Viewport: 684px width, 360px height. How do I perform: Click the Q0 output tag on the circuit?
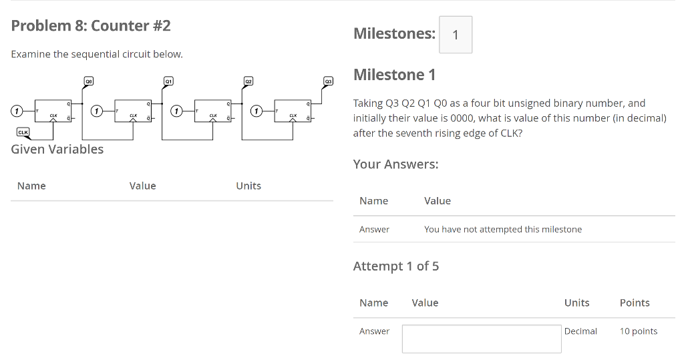point(88,81)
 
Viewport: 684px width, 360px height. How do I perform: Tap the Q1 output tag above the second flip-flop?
point(169,81)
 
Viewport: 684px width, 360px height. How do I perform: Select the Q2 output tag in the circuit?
point(248,81)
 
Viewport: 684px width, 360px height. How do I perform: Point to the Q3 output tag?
point(328,81)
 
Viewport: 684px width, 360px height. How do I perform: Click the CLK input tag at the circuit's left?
point(23,132)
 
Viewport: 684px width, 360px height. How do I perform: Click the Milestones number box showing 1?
point(456,35)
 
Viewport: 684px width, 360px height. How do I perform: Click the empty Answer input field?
point(482,339)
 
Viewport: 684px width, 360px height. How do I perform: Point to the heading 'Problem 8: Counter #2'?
point(91,26)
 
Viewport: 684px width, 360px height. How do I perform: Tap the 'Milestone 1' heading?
point(394,75)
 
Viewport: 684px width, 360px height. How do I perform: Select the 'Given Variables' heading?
point(57,149)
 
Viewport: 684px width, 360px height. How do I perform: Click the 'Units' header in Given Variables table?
point(248,186)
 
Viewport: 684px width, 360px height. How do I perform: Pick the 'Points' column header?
point(635,303)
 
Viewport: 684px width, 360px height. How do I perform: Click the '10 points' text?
point(639,331)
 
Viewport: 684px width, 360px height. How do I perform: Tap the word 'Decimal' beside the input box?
point(580,331)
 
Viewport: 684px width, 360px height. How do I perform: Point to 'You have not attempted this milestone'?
point(503,229)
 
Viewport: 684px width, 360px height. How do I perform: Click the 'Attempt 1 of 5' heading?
point(396,266)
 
